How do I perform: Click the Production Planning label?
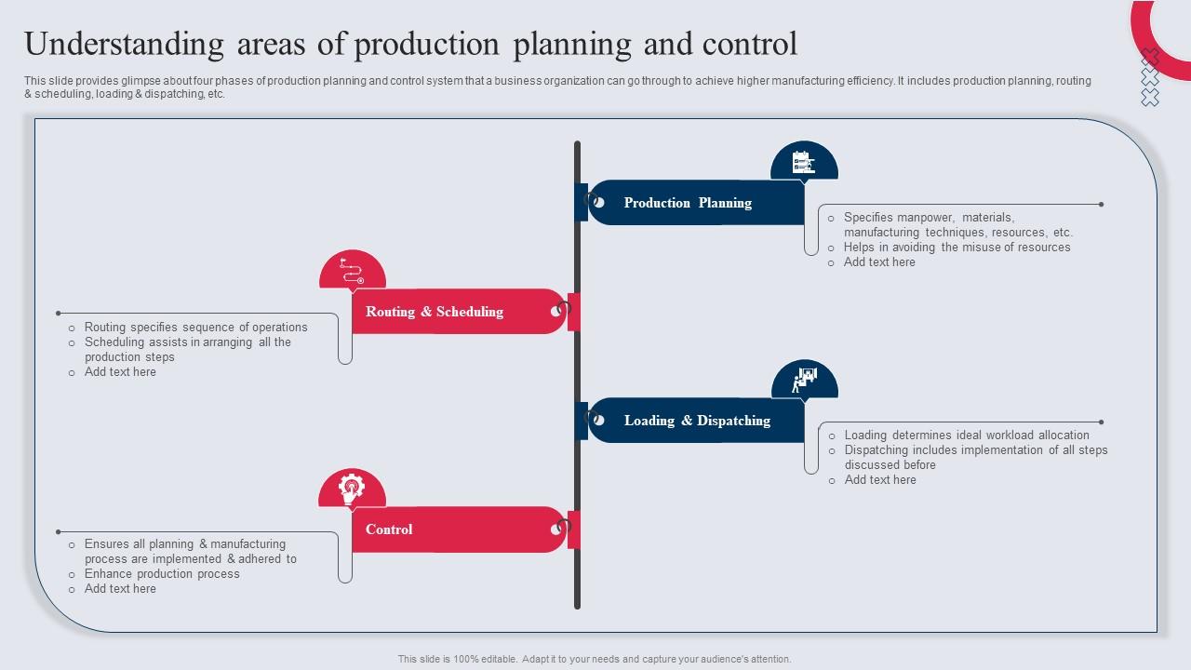pos(688,203)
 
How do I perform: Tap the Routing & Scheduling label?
pos(435,312)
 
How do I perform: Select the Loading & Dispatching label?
pos(697,421)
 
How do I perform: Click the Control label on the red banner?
pos(389,529)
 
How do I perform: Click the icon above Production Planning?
pos(804,163)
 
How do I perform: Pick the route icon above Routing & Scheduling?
pos(352,271)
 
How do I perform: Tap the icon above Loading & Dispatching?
pos(804,380)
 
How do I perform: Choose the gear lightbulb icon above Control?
pos(352,489)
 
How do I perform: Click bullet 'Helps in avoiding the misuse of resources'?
pos(957,248)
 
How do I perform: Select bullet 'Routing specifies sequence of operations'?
pos(195,328)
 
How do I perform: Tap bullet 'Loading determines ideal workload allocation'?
pos(966,435)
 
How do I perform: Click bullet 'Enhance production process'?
pos(162,574)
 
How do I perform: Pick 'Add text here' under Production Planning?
pos(879,262)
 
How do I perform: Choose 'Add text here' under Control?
pos(120,589)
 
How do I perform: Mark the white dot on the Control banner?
pos(555,529)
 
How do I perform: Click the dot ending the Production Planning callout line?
pos(1102,205)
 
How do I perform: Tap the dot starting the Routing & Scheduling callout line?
pos(59,314)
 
